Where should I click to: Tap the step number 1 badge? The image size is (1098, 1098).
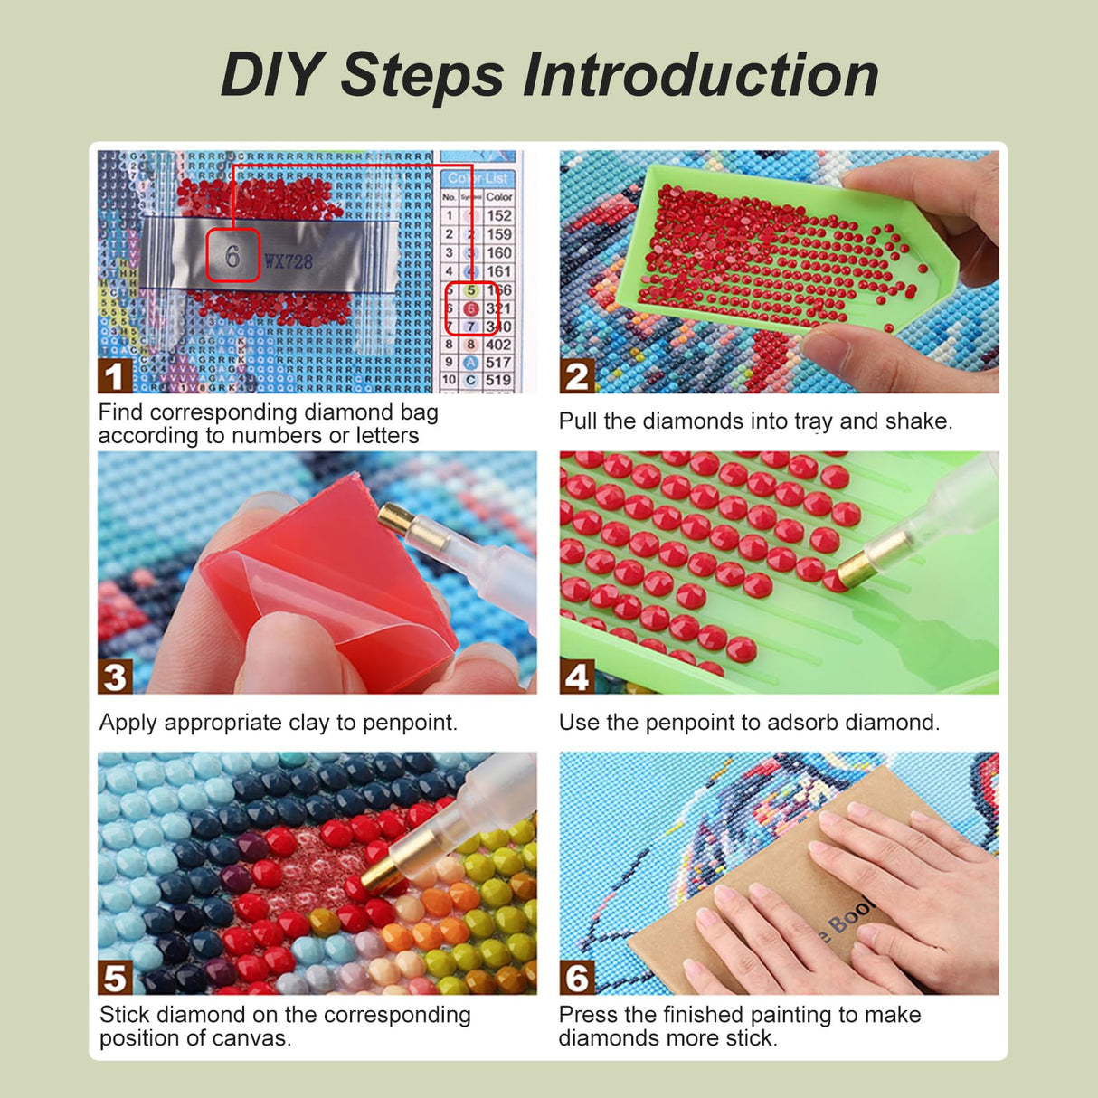pyautogui.click(x=114, y=376)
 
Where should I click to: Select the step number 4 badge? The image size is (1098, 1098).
pyautogui.click(x=577, y=677)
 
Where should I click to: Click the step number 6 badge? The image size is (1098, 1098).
pyautogui.click(x=577, y=978)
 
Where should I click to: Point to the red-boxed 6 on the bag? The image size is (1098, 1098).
pyautogui.click(x=232, y=256)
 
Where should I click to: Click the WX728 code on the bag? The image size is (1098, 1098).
pyautogui.click(x=289, y=262)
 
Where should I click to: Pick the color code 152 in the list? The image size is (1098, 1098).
pyautogui.click(x=499, y=215)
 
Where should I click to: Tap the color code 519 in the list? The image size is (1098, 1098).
pyautogui.click(x=498, y=381)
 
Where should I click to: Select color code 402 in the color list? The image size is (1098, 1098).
pyautogui.click(x=498, y=345)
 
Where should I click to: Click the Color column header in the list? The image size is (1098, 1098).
pyautogui.click(x=499, y=196)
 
